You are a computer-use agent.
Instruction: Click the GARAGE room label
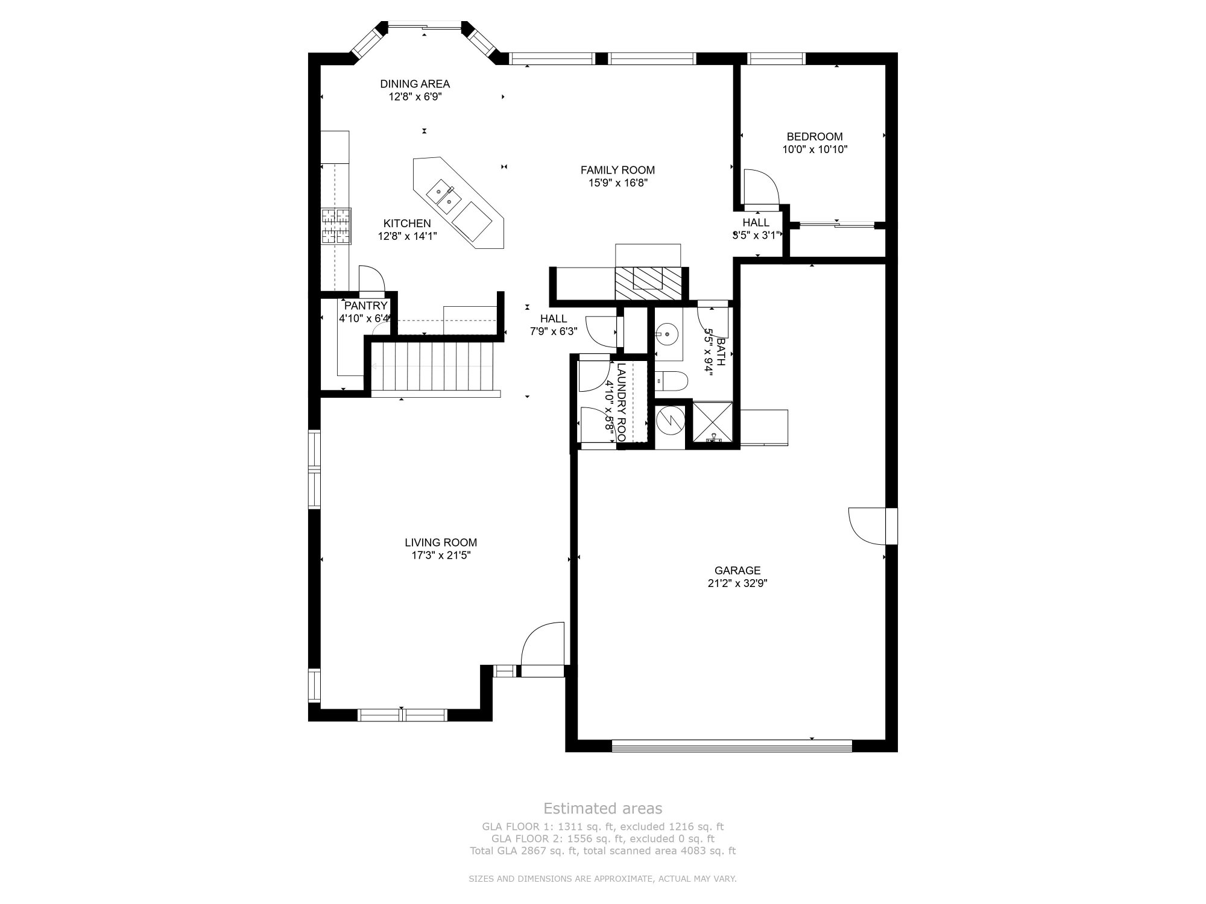[737, 570]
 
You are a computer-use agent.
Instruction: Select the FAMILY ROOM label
[617, 170]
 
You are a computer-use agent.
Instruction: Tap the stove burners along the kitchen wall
[336, 226]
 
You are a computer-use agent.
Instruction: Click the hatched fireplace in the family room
[648, 283]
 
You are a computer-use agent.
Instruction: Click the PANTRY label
[365, 306]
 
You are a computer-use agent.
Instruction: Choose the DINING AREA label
[415, 84]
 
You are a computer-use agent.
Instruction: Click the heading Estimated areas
[602, 808]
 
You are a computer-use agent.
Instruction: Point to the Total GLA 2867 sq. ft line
[602, 851]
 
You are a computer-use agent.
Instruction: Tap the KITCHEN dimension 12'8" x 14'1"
[407, 237]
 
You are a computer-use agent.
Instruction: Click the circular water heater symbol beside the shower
[670, 419]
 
